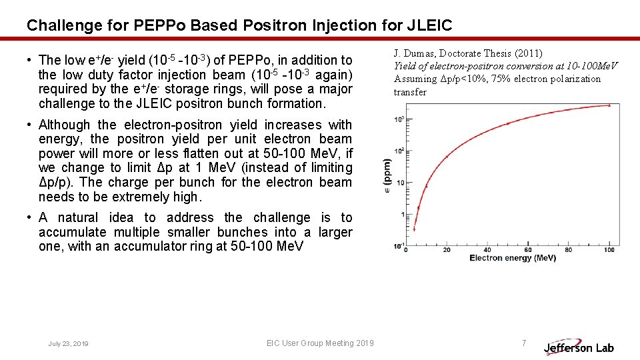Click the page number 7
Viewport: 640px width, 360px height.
click(523, 343)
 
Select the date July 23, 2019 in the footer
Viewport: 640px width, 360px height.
click(68, 343)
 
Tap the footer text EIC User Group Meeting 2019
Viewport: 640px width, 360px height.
click(320, 343)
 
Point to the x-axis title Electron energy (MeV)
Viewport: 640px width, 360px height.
click(513, 258)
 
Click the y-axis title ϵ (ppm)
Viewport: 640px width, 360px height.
click(387, 176)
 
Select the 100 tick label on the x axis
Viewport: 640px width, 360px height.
click(609, 250)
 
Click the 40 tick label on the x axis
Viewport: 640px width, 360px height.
click(487, 250)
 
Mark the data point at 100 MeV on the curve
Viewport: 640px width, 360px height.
click(609, 105)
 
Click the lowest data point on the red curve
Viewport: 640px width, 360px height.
click(414, 229)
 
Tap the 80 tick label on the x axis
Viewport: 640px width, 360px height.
click(569, 250)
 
